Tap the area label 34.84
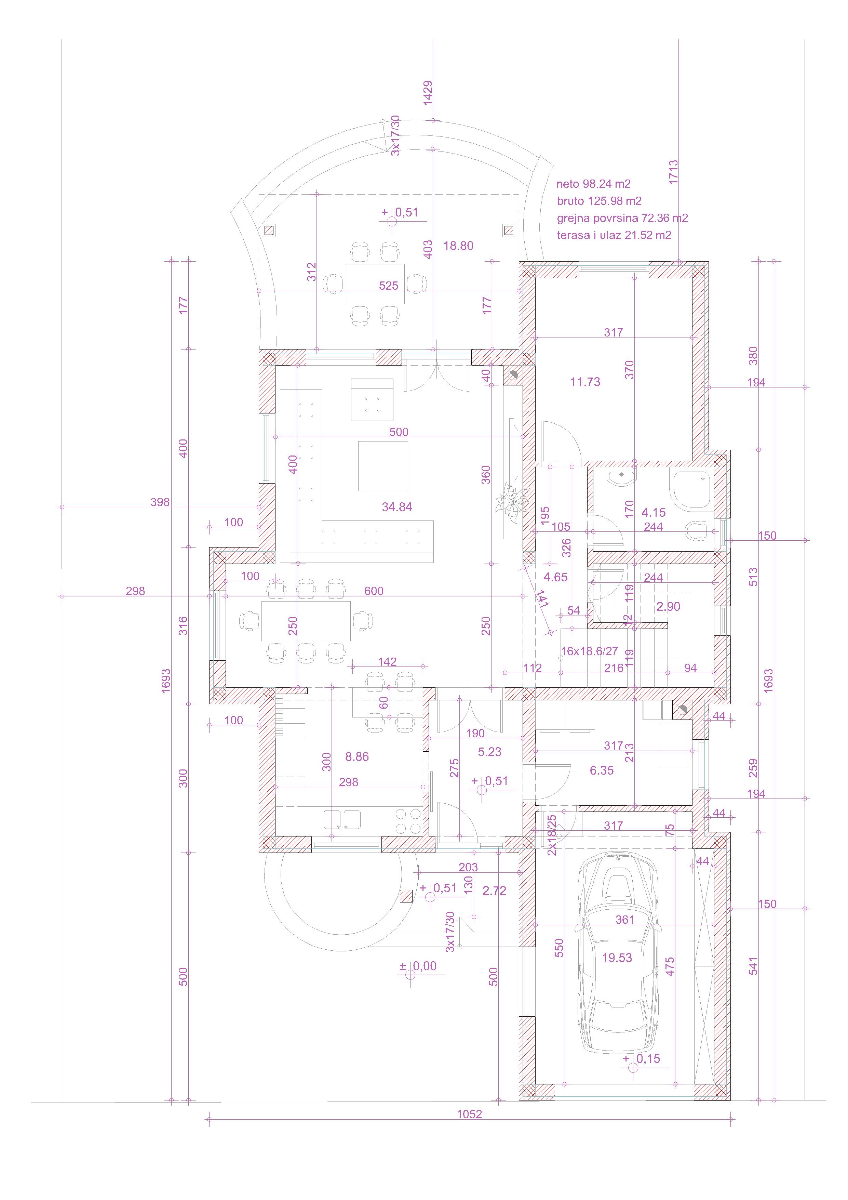(397, 506)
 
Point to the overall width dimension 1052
(469, 1114)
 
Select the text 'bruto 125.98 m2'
(599, 201)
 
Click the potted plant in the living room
(510, 503)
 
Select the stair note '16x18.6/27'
(589, 651)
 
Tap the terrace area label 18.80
(458, 246)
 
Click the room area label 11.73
(585, 382)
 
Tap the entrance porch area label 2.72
(494, 891)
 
